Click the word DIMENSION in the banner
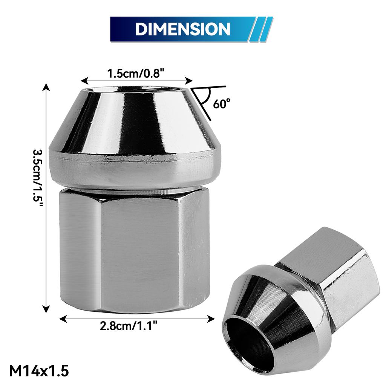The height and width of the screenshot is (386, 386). tap(182, 29)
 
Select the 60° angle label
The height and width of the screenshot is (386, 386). tap(221, 104)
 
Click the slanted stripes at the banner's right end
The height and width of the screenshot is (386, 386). tap(260, 29)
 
